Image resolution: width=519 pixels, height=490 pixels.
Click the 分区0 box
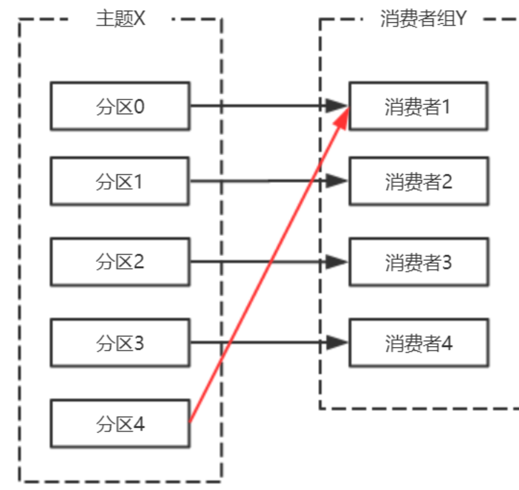click(120, 106)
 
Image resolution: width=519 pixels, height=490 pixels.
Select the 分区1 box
click(120, 181)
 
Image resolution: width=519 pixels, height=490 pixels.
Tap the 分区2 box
click(120, 262)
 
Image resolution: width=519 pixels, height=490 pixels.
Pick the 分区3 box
click(120, 342)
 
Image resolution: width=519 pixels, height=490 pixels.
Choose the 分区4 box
click(120, 423)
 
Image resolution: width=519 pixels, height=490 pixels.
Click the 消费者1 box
click(418, 106)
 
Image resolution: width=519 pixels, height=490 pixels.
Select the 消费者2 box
click(418, 181)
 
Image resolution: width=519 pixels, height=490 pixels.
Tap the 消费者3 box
click(418, 262)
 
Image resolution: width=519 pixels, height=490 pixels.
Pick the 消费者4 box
click(418, 342)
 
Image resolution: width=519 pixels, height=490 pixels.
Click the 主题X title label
click(121, 20)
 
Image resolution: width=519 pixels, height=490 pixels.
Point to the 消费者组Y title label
click(422, 20)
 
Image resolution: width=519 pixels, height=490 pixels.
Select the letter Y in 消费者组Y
click(461, 20)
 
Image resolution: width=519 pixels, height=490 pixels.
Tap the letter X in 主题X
click(140, 20)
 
